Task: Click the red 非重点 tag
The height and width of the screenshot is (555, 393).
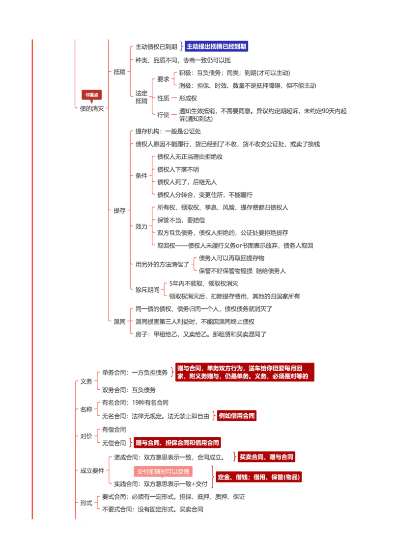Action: pos(91,95)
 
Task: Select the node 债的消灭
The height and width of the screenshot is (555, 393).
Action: pos(92,109)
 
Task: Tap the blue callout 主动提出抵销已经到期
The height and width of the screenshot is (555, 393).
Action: pos(216,47)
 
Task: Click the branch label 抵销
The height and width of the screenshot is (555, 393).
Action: pos(119,72)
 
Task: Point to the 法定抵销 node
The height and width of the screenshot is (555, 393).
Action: pos(141,97)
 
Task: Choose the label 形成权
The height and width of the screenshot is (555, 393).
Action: pos(188,98)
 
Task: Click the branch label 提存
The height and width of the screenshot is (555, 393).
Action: pos(119,211)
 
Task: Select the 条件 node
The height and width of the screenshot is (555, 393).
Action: pos(141,176)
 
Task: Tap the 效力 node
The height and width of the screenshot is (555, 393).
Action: pos(141,227)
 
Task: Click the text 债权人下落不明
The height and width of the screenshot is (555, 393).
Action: pos(178,170)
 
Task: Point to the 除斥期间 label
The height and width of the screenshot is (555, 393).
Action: pos(147,290)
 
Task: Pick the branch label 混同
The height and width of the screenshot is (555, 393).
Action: pos(119,322)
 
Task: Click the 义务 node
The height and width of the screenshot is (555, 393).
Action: pos(86,381)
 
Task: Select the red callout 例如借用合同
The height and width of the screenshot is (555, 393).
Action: pos(237,416)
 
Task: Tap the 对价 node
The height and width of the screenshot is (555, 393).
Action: pos(86,436)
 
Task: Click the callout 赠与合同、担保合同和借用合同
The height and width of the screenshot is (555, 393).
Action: pos(177,442)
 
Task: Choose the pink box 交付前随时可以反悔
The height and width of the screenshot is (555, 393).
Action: pos(163,472)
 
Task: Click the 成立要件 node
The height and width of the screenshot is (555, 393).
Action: pos(92,471)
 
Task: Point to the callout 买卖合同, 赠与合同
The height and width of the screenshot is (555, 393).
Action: pos(266,457)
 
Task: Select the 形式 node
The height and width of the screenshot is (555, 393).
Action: pos(86,503)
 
